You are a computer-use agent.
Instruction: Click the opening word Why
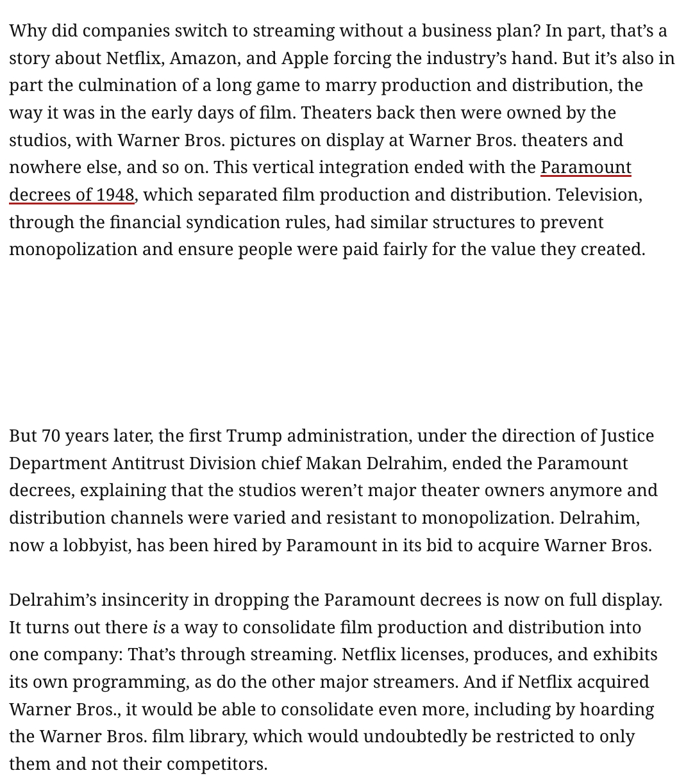tap(26, 31)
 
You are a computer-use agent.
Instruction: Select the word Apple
tap(305, 58)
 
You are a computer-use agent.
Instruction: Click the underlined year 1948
tap(115, 195)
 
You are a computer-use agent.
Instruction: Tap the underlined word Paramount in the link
tap(586, 167)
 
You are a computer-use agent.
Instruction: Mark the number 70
tap(51, 436)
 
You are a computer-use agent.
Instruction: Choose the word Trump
tap(254, 436)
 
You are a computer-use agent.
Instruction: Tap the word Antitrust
tap(149, 463)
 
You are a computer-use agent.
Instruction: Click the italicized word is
tap(159, 628)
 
